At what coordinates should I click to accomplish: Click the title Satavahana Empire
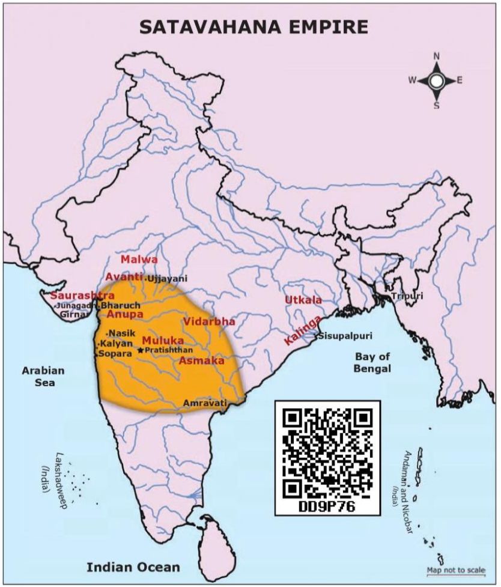(x=253, y=27)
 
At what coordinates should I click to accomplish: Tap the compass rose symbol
(x=437, y=81)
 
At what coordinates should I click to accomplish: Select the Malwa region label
(x=139, y=260)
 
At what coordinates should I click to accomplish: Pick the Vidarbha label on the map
(x=209, y=321)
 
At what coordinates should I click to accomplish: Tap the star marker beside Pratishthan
(x=141, y=350)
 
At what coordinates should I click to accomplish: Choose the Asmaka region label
(x=201, y=361)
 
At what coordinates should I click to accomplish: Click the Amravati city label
(x=205, y=403)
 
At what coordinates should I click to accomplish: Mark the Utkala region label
(x=303, y=300)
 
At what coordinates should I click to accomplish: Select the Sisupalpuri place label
(x=344, y=336)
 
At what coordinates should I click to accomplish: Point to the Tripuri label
(x=407, y=296)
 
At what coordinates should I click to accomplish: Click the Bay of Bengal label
(x=372, y=363)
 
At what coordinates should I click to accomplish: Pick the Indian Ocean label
(x=133, y=567)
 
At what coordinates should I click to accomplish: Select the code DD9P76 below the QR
(x=327, y=506)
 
